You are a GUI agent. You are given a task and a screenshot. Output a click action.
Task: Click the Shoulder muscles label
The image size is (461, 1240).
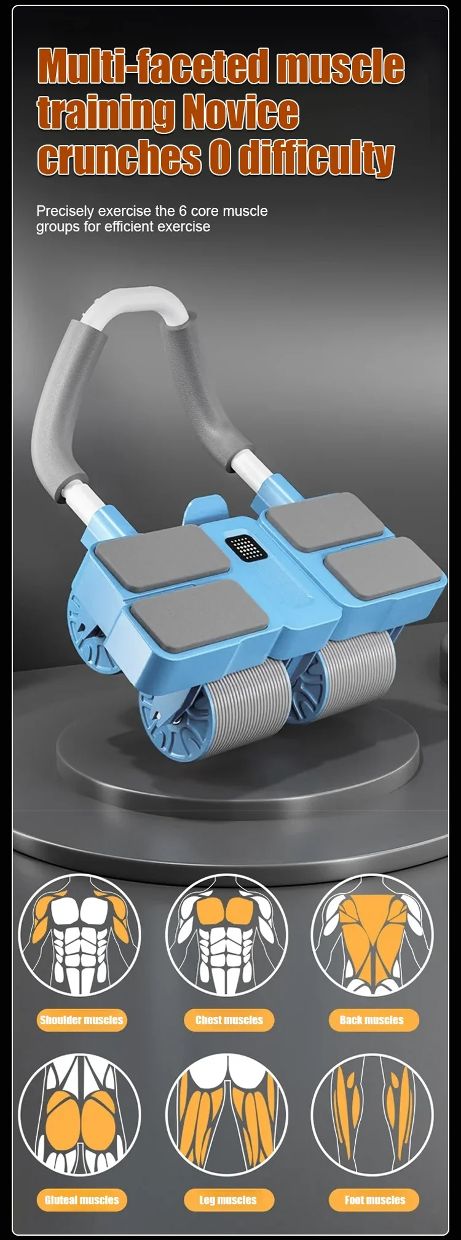(x=81, y=1020)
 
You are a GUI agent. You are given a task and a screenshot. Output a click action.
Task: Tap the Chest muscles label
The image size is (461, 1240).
(x=229, y=1020)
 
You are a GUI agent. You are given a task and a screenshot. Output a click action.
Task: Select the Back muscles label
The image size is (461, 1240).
(x=372, y=1020)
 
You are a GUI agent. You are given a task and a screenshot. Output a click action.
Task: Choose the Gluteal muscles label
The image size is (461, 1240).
(x=81, y=1199)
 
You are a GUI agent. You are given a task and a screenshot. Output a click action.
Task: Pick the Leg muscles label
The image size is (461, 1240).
(x=228, y=1199)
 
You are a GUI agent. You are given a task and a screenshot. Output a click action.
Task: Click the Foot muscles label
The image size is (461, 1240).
(x=374, y=1199)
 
